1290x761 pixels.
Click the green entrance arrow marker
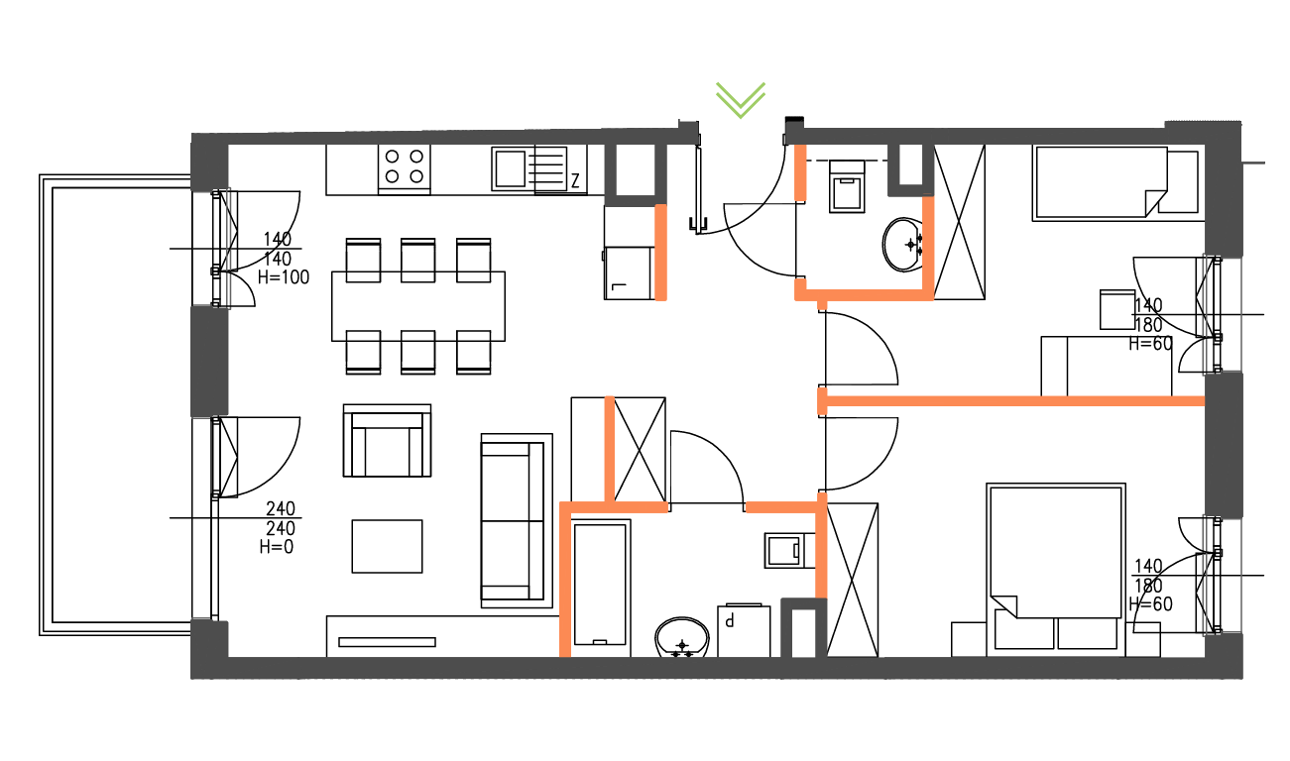pyautogui.click(x=741, y=99)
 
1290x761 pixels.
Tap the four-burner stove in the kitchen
pyautogui.click(x=404, y=166)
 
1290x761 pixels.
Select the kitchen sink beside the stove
pyautogui.click(x=512, y=167)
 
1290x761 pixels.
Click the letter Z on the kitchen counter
pyautogui.click(x=574, y=181)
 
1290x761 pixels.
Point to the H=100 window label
pyautogui.click(x=283, y=278)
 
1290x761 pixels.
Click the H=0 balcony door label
pyautogui.click(x=277, y=546)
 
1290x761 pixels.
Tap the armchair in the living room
pyautogui.click(x=387, y=441)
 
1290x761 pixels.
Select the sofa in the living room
pyautogui.click(x=516, y=519)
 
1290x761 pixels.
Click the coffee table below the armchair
pyautogui.click(x=387, y=546)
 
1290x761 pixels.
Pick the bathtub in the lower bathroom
pyautogui.click(x=600, y=585)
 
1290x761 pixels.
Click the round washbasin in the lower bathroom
pyautogui.click(x=681, y=637)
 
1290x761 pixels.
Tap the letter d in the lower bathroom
pyautogui.click(x=730, y=621)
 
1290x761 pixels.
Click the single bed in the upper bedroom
pyautogui.click(x=1115, y=181)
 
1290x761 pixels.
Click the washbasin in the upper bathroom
pyautogui.click(x=904, y=244)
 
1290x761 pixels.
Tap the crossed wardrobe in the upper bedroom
pyautogui.click(x=960, y=221)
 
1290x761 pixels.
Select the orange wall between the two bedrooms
pyautogui.click(x=1011, y=400)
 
